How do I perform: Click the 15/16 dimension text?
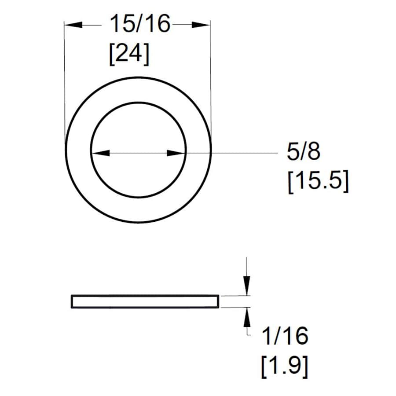click(140, 24)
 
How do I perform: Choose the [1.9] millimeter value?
click(284, 367)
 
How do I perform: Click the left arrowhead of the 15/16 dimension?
click(73, 25)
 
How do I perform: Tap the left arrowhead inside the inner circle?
click(100, 153)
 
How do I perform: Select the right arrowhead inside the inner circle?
click(176, 153)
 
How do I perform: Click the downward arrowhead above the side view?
click(247, 286)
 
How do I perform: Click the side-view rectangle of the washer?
click(145, 301)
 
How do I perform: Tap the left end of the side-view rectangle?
click(72, 301)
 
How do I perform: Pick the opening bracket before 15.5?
click(291, 181)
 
